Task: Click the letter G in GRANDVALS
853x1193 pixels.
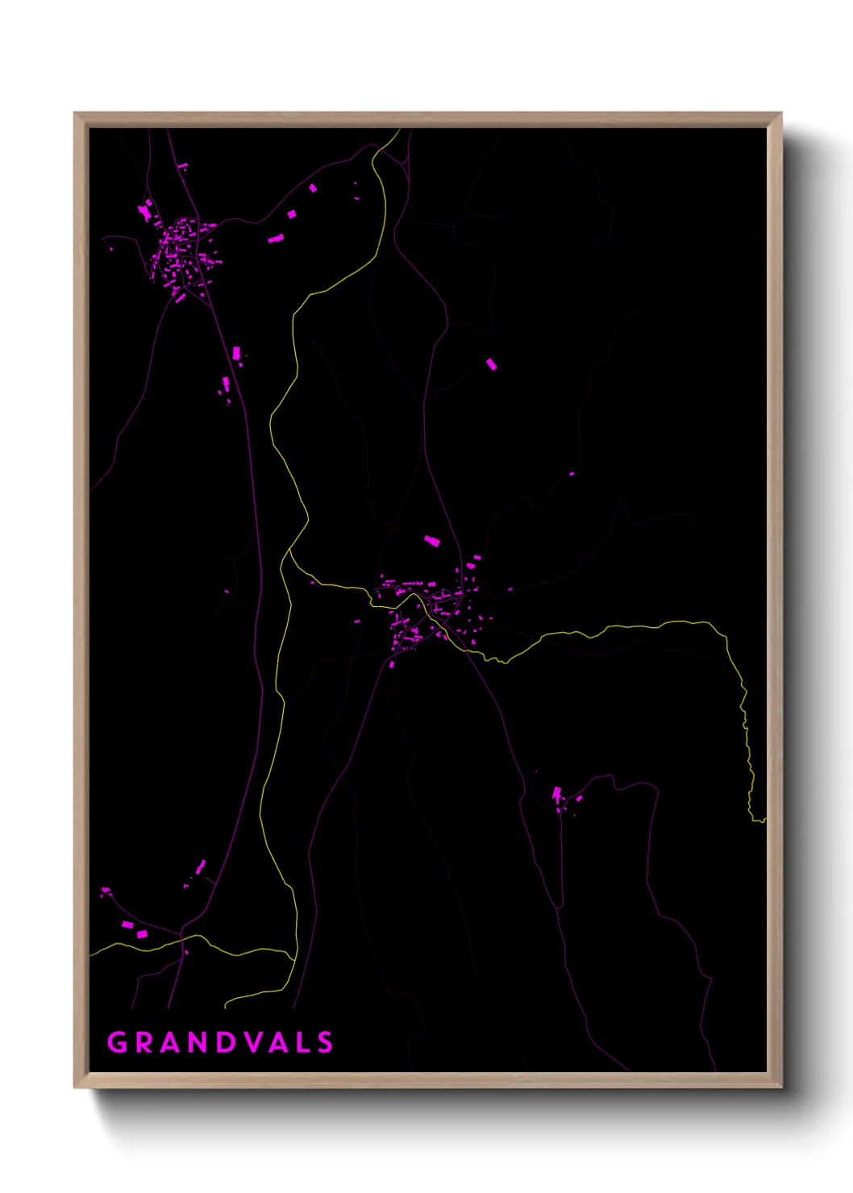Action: (117, 1042)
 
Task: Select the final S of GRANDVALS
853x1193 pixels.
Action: (325, 1042)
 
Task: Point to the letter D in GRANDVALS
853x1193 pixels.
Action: (225, 1042)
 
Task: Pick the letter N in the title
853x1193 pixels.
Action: (197, 1042)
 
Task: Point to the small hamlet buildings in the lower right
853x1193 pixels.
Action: (564, 800)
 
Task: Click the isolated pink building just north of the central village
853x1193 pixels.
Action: (432, 540)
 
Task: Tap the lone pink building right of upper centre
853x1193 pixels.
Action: (491, 364)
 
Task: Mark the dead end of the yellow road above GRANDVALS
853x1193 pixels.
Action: (226, 1006)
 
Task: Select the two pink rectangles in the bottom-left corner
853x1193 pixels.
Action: (134, 929)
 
